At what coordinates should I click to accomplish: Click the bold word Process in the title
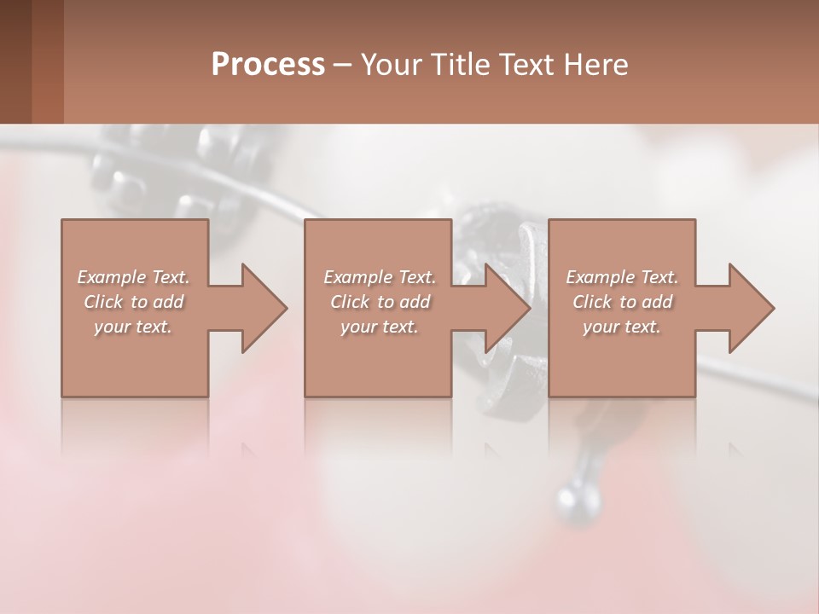pyautogui.click(x=268, y=65)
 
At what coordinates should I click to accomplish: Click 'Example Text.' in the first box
pyautogui.click(x=133, y=277)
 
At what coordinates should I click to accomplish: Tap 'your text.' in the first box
pyautogui.click(x=133, y=327)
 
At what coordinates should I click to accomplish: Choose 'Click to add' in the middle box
pyautogui.click(x=380, y=302)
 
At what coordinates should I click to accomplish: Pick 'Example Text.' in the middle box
pyautogui.click(x=380, y=277)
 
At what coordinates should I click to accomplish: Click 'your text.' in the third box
pyautogui.click(x=622, y=327)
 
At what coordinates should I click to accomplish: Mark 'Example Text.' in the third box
pyautogui.click(x=622, y=277)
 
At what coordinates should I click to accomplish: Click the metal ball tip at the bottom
pyautogui.click(x=571, y=500)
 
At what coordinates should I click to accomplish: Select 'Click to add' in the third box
pyautogui.click(x=622, y=302)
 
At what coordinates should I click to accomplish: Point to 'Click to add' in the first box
pyautogui.click(x=133, y=302)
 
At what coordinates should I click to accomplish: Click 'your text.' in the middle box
pyautogui.click(x=380, y=327)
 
